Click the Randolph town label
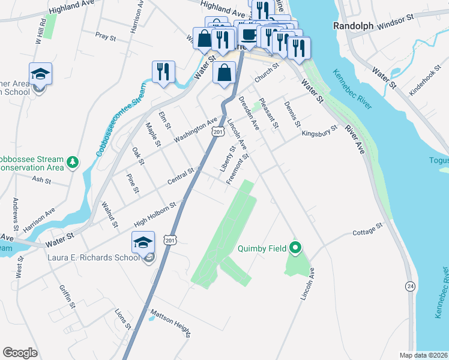(353, 26)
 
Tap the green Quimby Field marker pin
(295, 247)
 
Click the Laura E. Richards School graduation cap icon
(143, 243)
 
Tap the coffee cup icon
(249, 34)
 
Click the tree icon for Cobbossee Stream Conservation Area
(73, 162)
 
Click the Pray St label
(105, 37)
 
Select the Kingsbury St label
(319, 132)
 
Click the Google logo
(20, 352)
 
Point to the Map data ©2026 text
(423, 355)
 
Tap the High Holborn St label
(154, 214)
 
